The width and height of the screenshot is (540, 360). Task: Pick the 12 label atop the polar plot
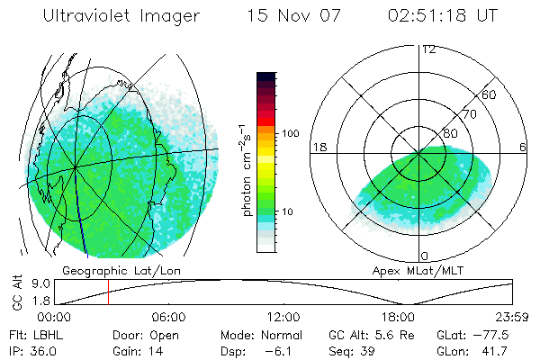point(428,49)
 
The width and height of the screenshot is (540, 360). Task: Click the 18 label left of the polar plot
point(319,147)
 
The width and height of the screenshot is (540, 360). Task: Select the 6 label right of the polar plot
point(523,147)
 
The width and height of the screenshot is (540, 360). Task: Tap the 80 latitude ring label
point(450,133)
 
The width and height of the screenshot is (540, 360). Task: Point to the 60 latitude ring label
point(490,94)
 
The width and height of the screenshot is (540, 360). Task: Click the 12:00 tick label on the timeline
point(283,317)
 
